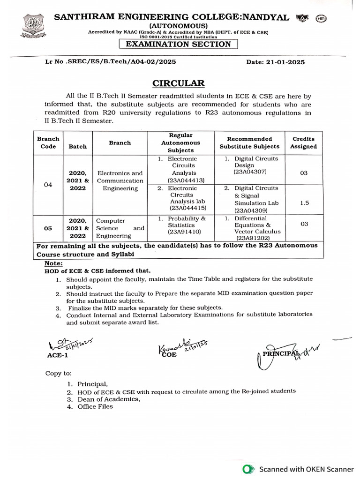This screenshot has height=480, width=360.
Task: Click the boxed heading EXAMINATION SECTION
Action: pos(179,44)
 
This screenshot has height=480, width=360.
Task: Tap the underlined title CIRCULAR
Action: pos(179,83)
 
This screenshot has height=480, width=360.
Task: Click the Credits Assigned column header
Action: pos(303,142)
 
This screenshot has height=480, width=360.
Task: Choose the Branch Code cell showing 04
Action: pos(48,185)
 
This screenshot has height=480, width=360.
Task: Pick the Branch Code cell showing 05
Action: pos(48,228)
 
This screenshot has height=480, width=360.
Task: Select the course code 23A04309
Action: pos(250,210)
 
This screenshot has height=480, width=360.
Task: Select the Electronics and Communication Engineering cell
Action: pos(120,180)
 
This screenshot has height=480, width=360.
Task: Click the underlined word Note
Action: pos(53,264)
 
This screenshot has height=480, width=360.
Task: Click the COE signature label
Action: pos(170,355)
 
